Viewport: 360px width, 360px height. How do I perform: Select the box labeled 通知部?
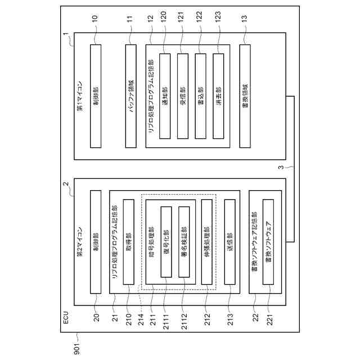point(165,96)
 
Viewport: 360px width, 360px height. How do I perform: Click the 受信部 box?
point(183,96)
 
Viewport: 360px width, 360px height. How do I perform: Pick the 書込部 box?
point(201,96)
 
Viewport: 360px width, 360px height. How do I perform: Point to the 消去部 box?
point(219,96)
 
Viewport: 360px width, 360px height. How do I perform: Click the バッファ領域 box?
point(130,96)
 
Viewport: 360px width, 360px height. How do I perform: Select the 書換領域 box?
point(245,96)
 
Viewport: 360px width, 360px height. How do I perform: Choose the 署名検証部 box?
point(183,242)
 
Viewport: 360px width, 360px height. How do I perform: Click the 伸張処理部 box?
point(207,242)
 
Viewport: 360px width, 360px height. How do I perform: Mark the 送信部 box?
point(230,242)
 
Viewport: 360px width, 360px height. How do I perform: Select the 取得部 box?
point(128,242)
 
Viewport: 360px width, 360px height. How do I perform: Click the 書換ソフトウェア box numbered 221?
point(269,242)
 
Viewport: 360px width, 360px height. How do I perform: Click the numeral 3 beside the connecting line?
point(280,167)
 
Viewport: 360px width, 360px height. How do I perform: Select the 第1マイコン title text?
point(79,96)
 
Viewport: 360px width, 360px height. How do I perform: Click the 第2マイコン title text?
point(79,242)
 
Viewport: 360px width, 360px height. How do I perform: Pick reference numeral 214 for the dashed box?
point(141,319)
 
